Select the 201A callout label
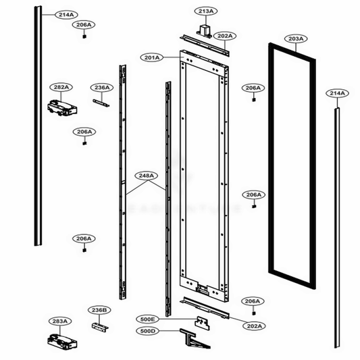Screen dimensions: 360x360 151,58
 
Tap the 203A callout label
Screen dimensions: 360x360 295,39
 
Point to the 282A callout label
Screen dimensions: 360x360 61,87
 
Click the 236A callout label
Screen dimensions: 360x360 101,87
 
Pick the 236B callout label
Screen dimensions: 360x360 99,310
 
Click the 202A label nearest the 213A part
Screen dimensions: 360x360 225,35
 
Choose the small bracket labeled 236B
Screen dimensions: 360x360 99,325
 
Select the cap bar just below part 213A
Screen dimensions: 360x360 205,45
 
